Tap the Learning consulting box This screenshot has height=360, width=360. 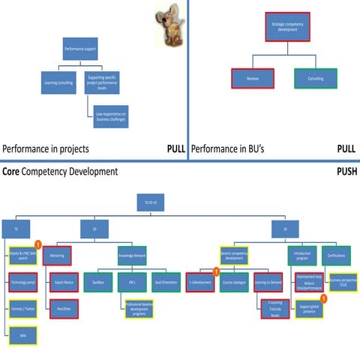(x=58, y=82)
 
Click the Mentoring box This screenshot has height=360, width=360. (x=57, y=254)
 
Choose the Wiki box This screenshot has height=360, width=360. (x=23, y=334)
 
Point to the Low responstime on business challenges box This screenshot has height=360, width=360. (x=109, y=115)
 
